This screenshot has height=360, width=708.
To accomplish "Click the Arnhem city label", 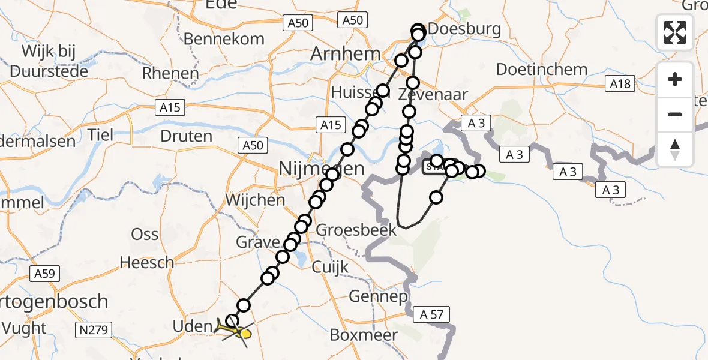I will (345, 54).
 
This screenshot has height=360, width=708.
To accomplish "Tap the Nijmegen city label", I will (322, 169).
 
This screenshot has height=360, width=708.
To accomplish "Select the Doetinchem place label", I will (542, 70).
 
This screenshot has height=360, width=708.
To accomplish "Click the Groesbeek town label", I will (356, 230).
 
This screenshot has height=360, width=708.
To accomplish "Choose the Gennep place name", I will (378, 296).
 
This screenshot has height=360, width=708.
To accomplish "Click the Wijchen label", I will (255, 200).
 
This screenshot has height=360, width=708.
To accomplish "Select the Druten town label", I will (186, 136).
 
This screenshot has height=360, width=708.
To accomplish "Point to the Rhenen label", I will (170, 74).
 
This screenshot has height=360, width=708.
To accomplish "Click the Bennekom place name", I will (224, 39).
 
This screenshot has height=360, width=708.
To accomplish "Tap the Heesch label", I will (146, 263).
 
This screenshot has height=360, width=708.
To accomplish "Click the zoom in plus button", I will (675, 79).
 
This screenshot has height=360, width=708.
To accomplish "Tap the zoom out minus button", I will (675, 114).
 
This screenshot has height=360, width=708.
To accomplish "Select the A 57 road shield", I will (431, 314).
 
